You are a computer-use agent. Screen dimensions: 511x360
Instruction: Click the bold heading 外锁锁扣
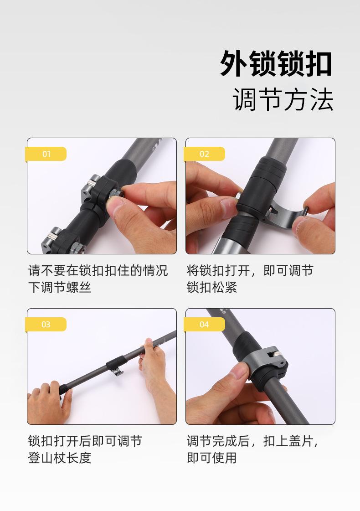point(276,64)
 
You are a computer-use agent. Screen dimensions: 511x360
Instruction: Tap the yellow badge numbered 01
point(46,154)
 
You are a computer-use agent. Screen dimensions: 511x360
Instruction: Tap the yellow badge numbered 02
point(205,154)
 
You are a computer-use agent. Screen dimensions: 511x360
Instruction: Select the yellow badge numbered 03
point(46,325)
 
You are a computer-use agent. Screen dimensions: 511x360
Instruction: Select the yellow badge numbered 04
point(205,325)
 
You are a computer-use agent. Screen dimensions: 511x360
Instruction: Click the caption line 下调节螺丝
point(60,288)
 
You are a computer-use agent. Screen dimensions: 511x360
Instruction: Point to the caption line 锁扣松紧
point(212,288)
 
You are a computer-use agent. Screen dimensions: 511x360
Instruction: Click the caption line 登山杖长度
point(60,458)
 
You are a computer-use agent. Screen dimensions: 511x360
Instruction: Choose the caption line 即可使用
point(212,458)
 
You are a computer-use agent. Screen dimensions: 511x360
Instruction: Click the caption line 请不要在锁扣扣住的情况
point(98,270)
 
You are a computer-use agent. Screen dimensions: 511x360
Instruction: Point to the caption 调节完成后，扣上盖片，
point(252,441)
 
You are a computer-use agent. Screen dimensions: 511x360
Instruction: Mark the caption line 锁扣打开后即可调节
point(85,441)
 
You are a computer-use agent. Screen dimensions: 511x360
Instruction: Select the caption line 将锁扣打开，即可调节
point(250,270)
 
